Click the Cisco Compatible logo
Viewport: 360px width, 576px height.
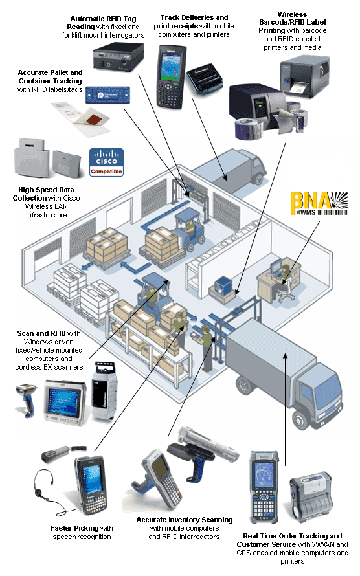(x=106, y=162)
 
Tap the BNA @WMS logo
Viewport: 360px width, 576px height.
(x=319, y=203)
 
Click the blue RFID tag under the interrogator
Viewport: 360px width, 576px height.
(x=107, y=95)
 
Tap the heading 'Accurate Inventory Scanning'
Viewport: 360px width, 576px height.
(x=185, y=520)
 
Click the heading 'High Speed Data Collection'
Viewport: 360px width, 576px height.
(x=46, y=194)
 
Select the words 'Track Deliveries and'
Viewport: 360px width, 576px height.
(x=194, y=17)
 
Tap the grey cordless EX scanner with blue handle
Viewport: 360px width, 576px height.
(x=27, y=399)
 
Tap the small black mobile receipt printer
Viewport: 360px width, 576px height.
(x=205, y=80)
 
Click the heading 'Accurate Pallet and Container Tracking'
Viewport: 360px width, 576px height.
(x=51, y=77)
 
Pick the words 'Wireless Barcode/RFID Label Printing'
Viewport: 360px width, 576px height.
(x=293, y=23)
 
